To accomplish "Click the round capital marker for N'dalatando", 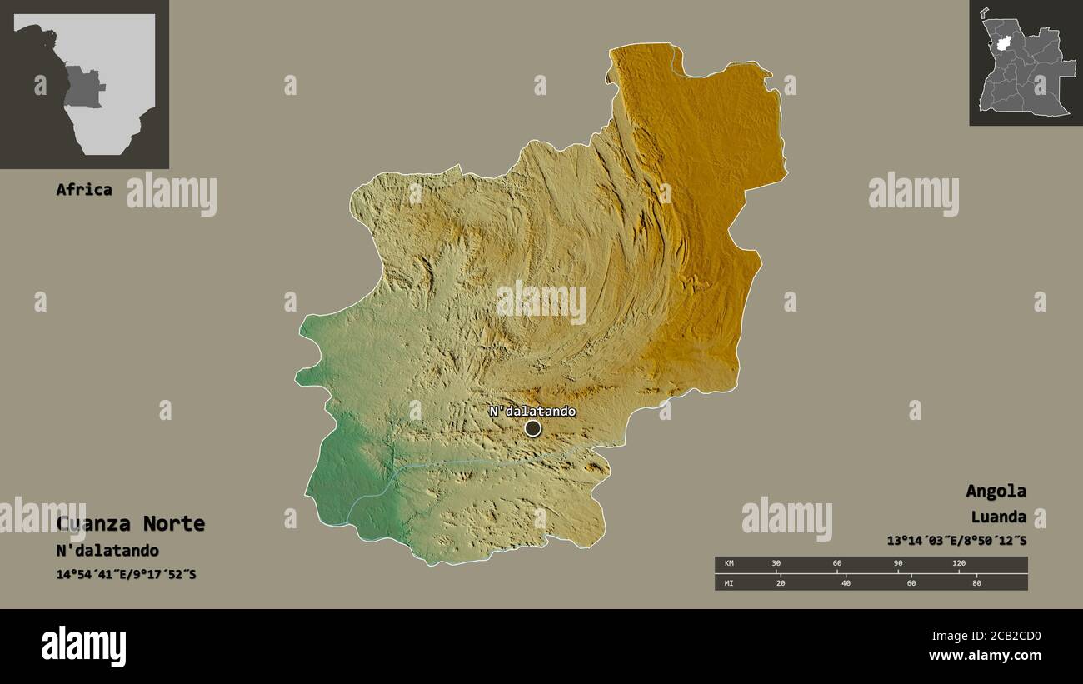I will tap(532, 428).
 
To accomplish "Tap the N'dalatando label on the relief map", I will tap(532, 412).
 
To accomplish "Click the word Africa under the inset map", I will tap(83, 189).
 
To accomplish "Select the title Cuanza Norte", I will tap(131, 524).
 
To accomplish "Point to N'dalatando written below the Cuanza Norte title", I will tap(107, 551).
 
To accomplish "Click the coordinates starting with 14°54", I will tap(126, 574).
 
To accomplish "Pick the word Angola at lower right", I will tap(996, 491).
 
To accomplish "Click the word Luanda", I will tap(998, 517).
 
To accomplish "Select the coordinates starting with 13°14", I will tap(956, 541).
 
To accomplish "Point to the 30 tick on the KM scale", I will tap(776, 563).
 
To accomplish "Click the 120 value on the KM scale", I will tap(959, 563).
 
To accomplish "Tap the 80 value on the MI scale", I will tap(976, 583).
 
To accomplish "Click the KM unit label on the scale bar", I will tap(729, 563).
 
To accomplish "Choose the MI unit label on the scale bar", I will tap(729, 583).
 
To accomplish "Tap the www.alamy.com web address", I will tap(985, 656).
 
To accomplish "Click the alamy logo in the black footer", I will tap(83, 647).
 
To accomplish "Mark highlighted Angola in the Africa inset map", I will tap(83, 87).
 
